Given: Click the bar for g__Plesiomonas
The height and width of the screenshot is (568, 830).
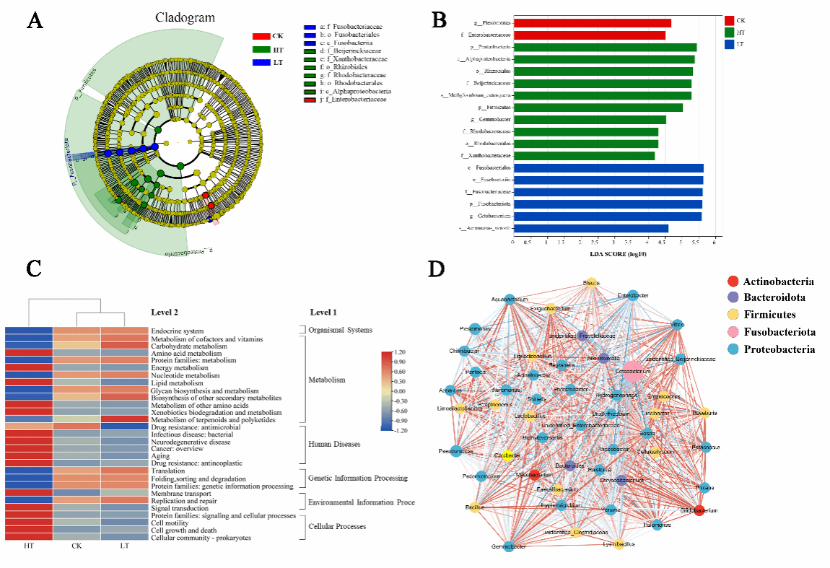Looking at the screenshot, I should tap(592, 22).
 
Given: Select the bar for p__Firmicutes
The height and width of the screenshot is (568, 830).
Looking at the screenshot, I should tap(598, 108).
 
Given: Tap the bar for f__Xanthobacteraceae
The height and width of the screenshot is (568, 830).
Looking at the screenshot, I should tap(584, 155).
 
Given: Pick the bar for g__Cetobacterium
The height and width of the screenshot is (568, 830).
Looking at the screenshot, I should tap(607, 216).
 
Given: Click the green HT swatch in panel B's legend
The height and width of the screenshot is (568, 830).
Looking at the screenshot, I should tap(729, 32).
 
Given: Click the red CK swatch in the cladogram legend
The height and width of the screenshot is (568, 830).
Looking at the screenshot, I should tap(261, 36).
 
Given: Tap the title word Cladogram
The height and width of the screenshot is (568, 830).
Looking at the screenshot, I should tap(184, 17).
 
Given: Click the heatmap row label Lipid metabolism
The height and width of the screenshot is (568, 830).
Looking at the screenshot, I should tap(178, 383).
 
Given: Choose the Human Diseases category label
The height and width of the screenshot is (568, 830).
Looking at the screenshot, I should tap(334, 444).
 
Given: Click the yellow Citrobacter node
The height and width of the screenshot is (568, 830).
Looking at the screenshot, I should tap(507, 455).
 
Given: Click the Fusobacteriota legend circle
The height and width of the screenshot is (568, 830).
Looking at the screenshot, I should tap(733, 333).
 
